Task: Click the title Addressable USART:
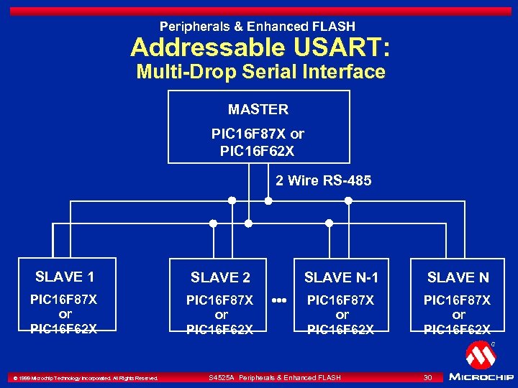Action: pos(260,48)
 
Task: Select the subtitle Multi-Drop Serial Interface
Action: pos(260,72)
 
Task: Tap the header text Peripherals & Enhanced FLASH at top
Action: pos(258,27)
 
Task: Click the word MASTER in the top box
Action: pos(258,109)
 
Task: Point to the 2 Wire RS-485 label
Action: pos(323,180)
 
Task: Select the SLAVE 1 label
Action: pos(65,277)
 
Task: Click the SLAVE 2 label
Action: pos(220,277)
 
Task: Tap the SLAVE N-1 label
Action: pos(341,277)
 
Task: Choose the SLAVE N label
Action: pos(458,277)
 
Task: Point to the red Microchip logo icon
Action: pos(481,354)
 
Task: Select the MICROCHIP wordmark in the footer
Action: pos(481,377)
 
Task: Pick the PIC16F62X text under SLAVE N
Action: pos(457,330)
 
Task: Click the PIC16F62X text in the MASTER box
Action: pos(257,151)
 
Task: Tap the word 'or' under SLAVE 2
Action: pos(221,315)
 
